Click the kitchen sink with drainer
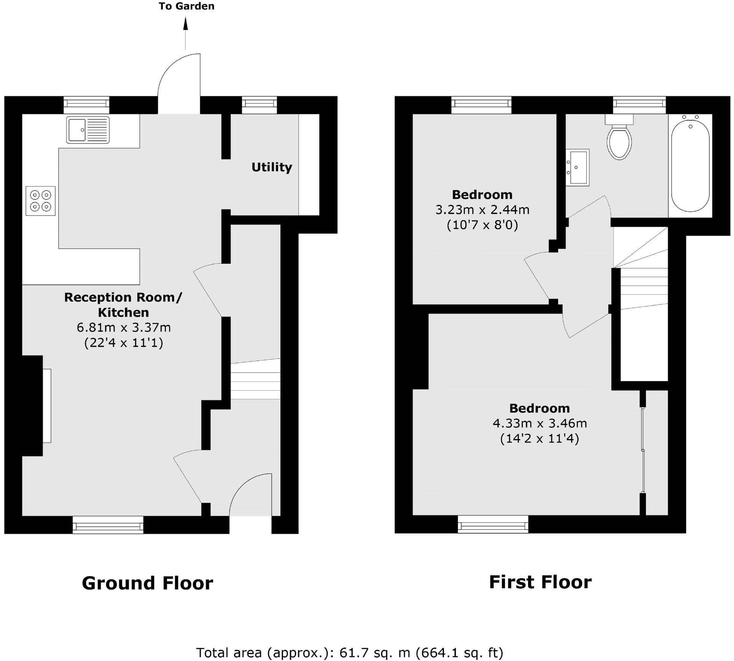tap(88, 130)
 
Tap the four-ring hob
tap(40, 201)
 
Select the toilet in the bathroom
tap(619, 141)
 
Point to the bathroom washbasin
tap(578, 167)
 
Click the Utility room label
tap(271, 167)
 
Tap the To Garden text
tap(187, 6)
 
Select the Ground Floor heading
tap(147, 583)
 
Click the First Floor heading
tap(540, 582)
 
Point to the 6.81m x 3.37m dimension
tap(124, 327)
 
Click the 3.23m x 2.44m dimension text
tap(482, 209)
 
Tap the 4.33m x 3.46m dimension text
tap(539, 423)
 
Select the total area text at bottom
tap(349, 652)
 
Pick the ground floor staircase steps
tap(255, 381)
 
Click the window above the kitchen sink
tap(86, 104)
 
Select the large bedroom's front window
tap(493, 525)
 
